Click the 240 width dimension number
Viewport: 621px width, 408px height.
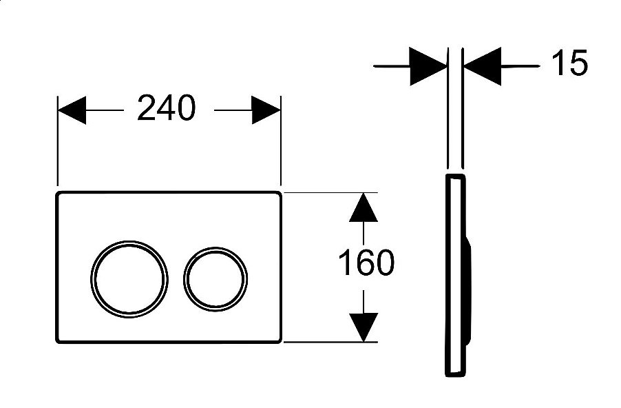[167, 108]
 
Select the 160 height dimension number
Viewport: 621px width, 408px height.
[366, 262]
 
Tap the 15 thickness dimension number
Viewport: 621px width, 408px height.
[569, 63]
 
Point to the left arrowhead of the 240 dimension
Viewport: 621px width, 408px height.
[72, 110]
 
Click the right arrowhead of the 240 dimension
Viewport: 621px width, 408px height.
[266, 110]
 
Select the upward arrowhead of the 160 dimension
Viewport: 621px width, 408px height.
[364, 207]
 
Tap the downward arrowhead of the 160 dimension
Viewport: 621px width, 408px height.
[364, 327]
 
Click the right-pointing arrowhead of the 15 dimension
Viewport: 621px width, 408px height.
[428, 66]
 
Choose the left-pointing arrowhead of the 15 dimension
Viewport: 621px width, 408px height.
[483, 66]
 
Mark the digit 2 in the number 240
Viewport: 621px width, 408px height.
[146, 108]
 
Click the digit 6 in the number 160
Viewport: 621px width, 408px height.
[366, 262]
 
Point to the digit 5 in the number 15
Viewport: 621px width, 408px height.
[578, 63]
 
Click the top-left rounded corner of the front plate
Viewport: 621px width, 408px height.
[58, 194]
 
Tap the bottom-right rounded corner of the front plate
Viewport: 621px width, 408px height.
[280, 340]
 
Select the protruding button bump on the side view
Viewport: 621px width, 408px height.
[468, 289]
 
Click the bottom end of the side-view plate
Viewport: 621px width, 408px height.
[455, 375]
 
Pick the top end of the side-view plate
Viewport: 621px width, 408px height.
[455, 175]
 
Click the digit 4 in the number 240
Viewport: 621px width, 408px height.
[167, 108]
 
